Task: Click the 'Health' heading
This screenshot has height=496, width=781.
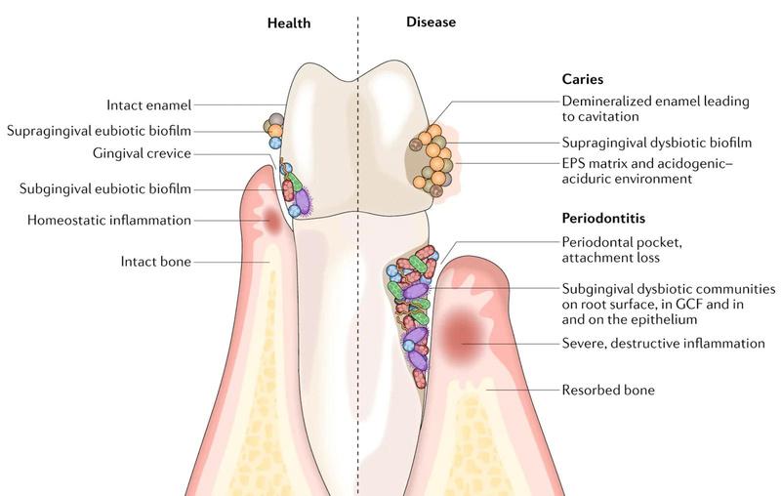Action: coord(289,21)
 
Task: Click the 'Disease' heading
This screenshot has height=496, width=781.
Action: coord(431,21)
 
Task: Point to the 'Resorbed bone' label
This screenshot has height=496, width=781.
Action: coord(607,390)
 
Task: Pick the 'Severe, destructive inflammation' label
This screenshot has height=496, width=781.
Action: coord(663,343)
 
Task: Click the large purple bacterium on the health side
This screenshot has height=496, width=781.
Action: coord(304,200)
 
